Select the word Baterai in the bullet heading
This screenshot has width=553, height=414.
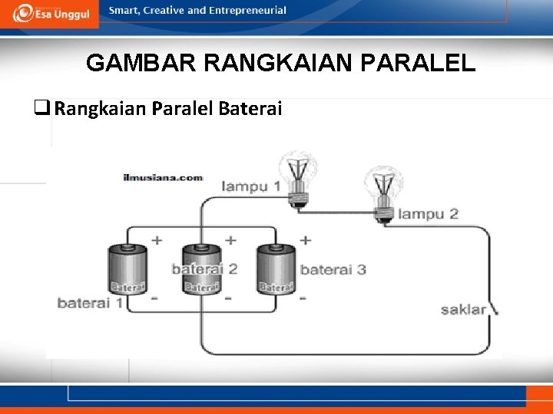pyautogui.click(x=250, y=109)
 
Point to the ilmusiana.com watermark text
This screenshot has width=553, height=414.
pyautogui.click(x=163, y=177)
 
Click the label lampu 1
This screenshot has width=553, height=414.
pyautogui.click(x=250, y=186)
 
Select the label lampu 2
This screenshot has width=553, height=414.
pyautogui.click(x=428, y=214)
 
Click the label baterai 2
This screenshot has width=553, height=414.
pyautogui.click(x=204, y=268)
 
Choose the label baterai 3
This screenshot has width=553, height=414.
pyautogui.click(x=333, y=269)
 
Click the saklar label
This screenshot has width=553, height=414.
pyautogui.click(x=463, y=310)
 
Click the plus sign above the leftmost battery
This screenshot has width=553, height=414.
pyautogui.click(x=157, y=240)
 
